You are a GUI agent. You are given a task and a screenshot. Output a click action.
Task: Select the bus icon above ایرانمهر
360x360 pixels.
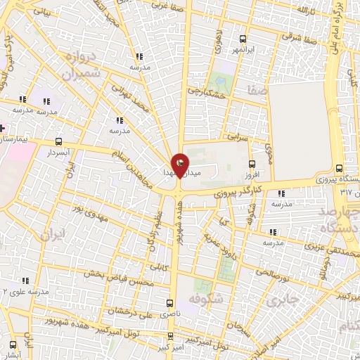pyautogui.click(x=243, y=39)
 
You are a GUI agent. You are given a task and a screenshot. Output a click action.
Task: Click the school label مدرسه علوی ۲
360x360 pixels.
pyautogui.click(x=27, y=290)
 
